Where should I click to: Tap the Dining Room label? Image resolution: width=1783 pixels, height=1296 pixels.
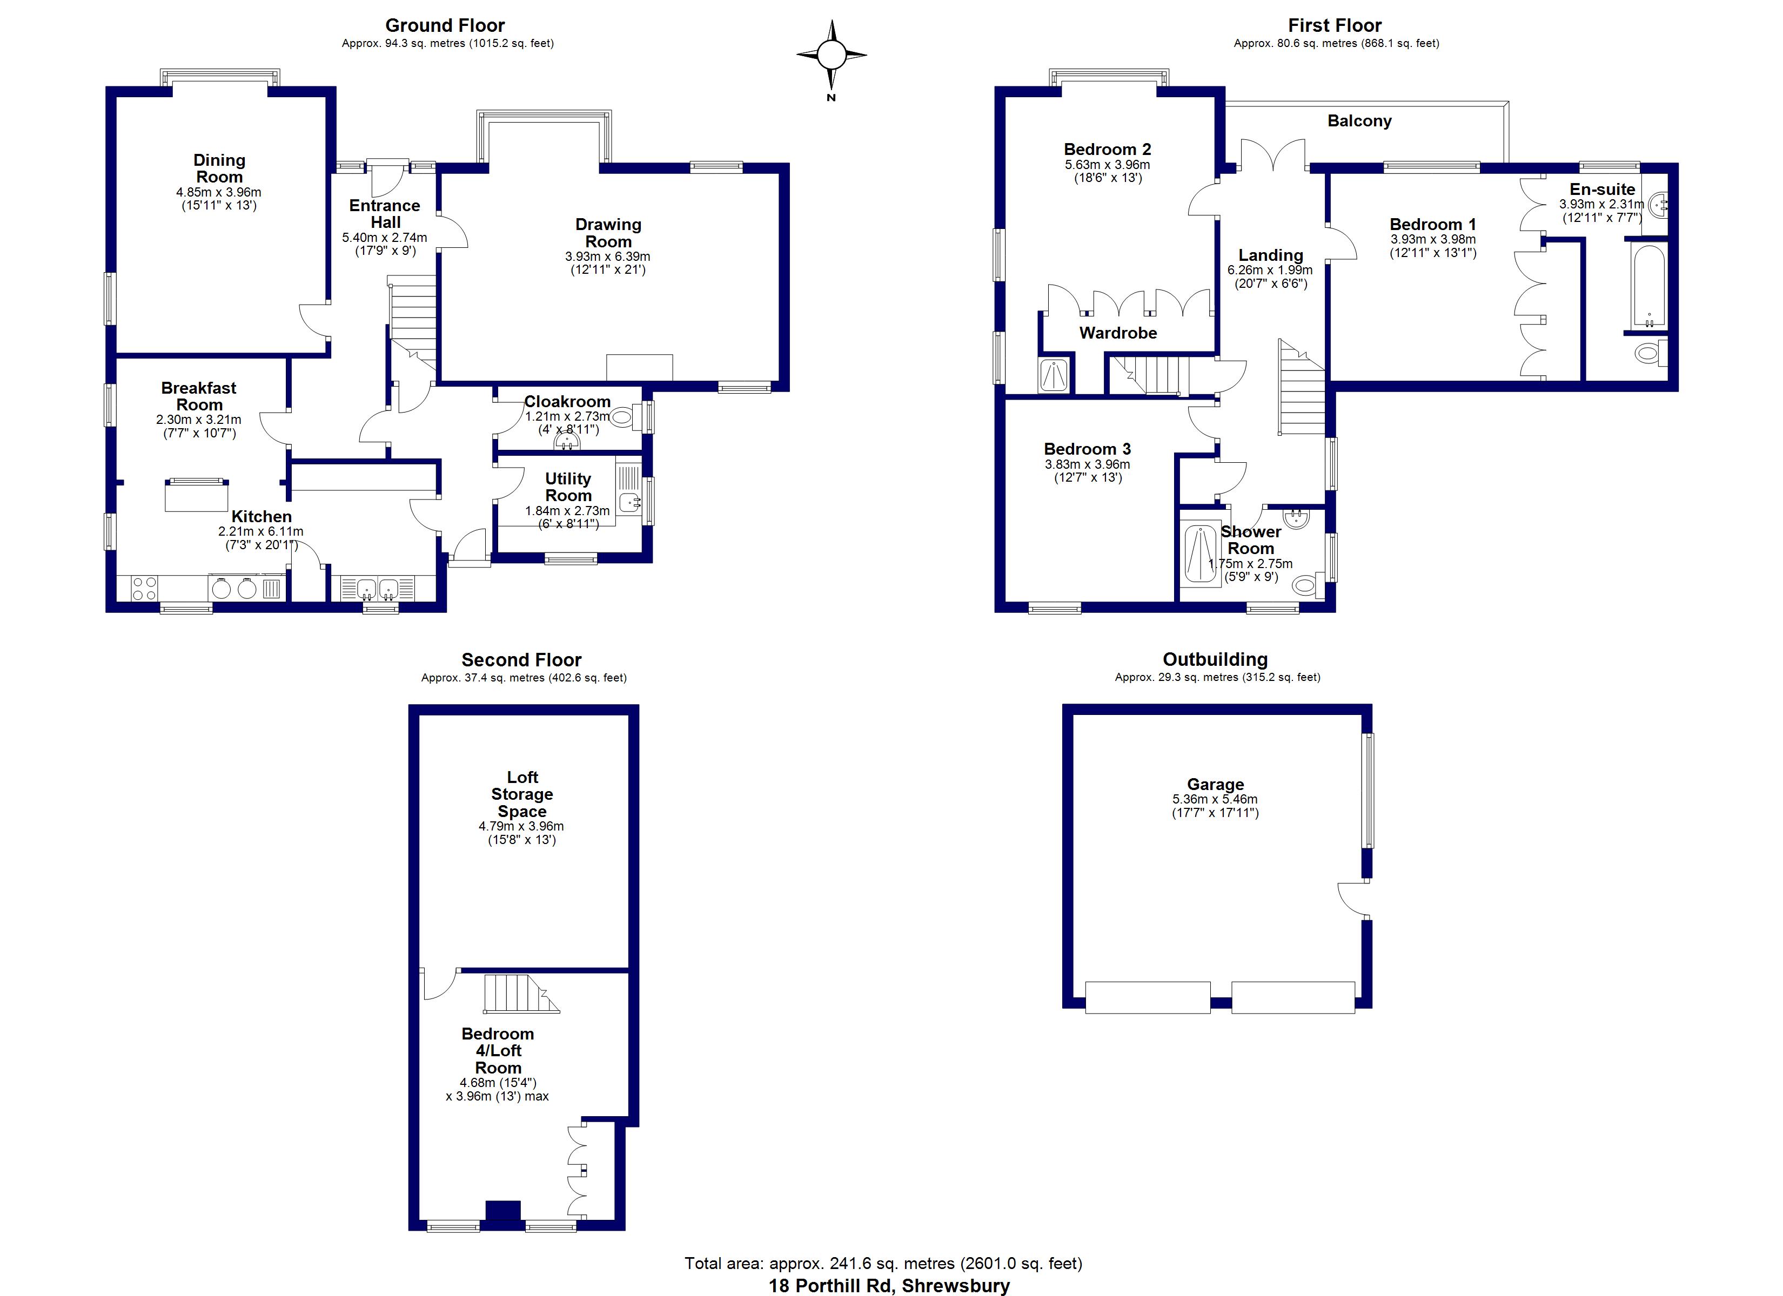point(219,168)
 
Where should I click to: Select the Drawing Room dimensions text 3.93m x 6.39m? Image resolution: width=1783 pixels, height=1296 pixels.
point(608,257)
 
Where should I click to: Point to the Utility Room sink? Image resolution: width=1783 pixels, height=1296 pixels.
point(628,502)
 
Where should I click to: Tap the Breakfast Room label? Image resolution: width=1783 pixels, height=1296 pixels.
point(199,396)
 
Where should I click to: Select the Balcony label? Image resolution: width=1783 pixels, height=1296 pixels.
point(1359,121)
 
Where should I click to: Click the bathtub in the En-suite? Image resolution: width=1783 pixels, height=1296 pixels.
point(1648,287)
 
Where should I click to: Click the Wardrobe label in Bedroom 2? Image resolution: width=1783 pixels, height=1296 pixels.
point(1118,333)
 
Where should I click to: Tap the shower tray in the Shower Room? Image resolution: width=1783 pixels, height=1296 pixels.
point(1201,554)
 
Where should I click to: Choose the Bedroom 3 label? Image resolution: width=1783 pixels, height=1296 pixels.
point(1087,449)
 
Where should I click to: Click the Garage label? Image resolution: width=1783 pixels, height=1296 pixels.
point(1215,785)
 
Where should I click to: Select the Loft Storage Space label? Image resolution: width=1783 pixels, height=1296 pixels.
point(522,794)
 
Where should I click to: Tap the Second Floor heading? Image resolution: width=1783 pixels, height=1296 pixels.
point(522,660)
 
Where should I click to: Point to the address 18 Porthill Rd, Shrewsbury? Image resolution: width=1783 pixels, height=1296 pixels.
point(889,1286)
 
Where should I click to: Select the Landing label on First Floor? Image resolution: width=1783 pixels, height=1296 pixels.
point(1270,255)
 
